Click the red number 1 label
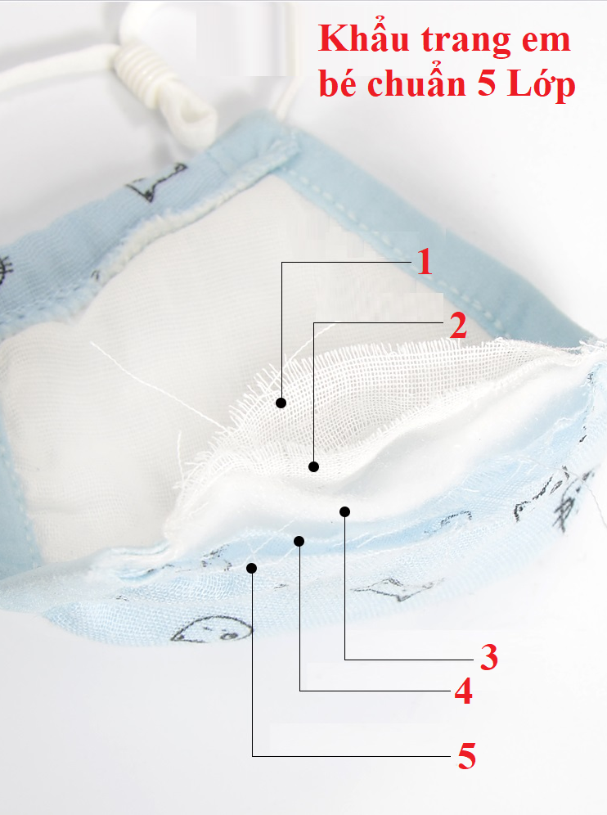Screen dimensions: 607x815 425,262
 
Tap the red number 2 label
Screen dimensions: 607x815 458,326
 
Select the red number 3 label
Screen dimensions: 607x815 489,657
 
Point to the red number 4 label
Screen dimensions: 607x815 464,691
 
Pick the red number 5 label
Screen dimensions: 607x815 466,756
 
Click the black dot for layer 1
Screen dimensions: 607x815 281,403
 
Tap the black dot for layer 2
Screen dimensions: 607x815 313,466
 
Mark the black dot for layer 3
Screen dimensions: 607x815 344,512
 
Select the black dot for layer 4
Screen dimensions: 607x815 299,542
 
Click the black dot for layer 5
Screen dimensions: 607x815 251,568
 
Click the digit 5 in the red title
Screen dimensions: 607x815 487,83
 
